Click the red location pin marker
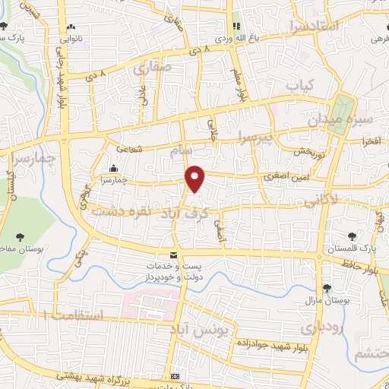195,178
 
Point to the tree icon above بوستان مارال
327,288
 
